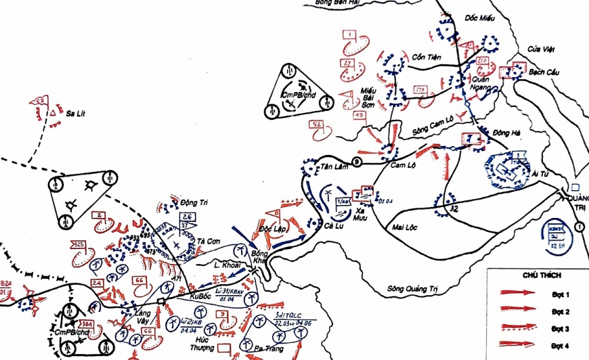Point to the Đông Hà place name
pos(506,133)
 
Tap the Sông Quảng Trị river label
pos(412,289)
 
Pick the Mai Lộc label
pos(407,227)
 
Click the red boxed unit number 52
pos(316,125)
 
